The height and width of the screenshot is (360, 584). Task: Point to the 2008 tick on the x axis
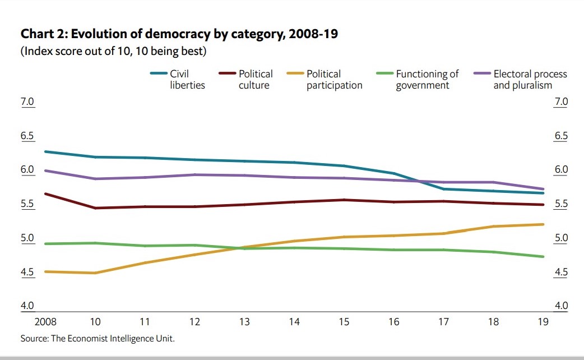pyautogui.click(x=45, y=322)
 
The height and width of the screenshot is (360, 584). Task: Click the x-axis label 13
pyautogui.click(x=244, y=322)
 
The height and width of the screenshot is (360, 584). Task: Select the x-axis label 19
pyautogui.click(x=543, y=322)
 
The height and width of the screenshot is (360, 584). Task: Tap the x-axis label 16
pyautogui.click(x=394, y=322)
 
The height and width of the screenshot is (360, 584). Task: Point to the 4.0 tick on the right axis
pyautogui.click(x=561, y=306)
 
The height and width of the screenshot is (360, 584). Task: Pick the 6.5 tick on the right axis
pyautogui.click(x=561, y=136)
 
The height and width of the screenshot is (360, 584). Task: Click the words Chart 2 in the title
pyautogui.click(x=47, y=35)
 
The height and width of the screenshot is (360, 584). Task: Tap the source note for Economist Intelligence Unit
pyautogui.click(x=101, y=338)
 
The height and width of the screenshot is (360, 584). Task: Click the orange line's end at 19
pyautogui.click(x=544, y=224)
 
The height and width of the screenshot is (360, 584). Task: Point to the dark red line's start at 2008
pyautogui.click(x=45, y=194)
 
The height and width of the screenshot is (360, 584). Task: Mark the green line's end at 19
pyautogui.click(x=544, y=257)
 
